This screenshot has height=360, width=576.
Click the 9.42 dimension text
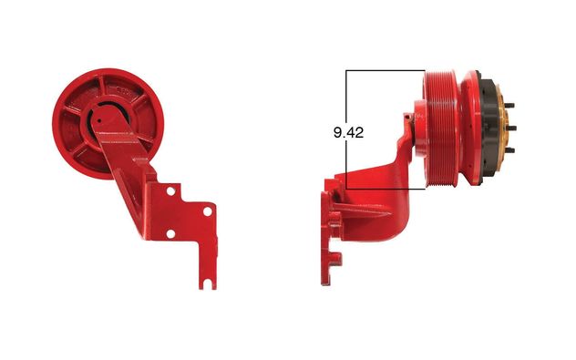click(x=348, y=132)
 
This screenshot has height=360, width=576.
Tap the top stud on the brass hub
click(x=509, y=106)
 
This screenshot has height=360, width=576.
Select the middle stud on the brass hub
click(x=511, y=129)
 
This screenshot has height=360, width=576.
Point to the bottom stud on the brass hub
click(x=509, y=150)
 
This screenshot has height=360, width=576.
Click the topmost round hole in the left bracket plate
click(x=170, y=191)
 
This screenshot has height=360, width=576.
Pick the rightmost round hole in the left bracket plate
click(x=208, y=211)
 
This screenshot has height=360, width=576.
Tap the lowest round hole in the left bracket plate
click(x=170, y=233)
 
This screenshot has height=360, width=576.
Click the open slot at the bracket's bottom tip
click(x=208, y=284)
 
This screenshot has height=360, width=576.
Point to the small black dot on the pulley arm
click(x=98, y=120)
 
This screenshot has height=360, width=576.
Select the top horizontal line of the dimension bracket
click(x=386, y=70)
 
